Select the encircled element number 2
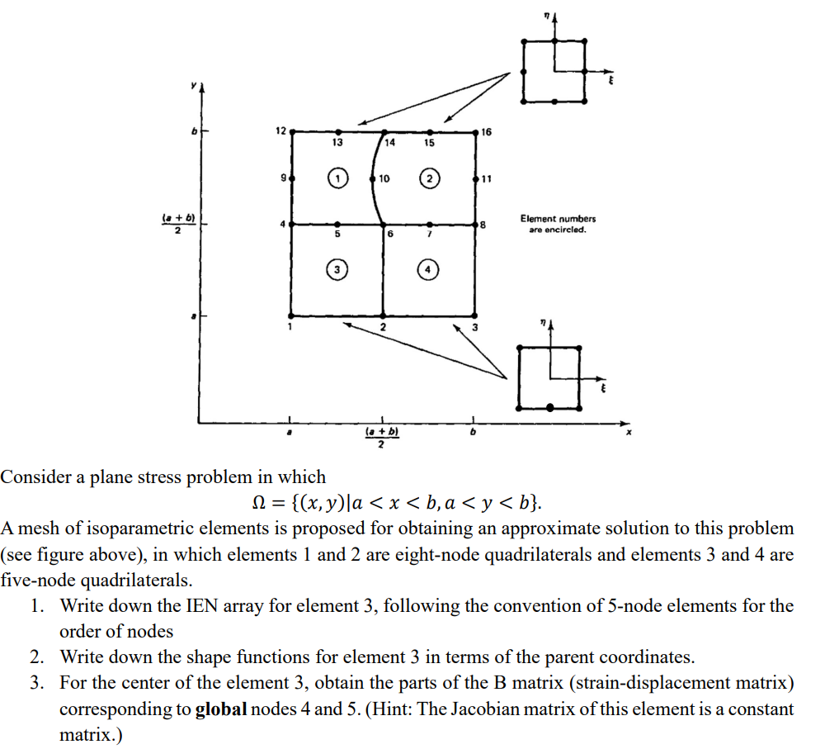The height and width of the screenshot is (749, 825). tap(429, 178)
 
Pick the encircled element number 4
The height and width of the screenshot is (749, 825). tap(429, 269)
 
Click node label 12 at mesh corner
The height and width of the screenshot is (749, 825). tap(280, 131)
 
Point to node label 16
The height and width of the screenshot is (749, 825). tap(487, 132)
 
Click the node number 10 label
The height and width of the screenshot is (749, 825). tap(384, 178)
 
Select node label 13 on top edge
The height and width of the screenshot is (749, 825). tap(337, 143)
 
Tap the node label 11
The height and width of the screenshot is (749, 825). tap(487, 178)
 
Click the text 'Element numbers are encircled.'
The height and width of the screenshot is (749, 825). tap(558, 224)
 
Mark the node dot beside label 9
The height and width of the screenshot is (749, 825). tap(291, 178)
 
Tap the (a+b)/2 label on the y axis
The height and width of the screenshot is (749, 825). tap(175, 224)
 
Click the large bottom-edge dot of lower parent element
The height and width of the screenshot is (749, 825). tap(550, 406)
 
